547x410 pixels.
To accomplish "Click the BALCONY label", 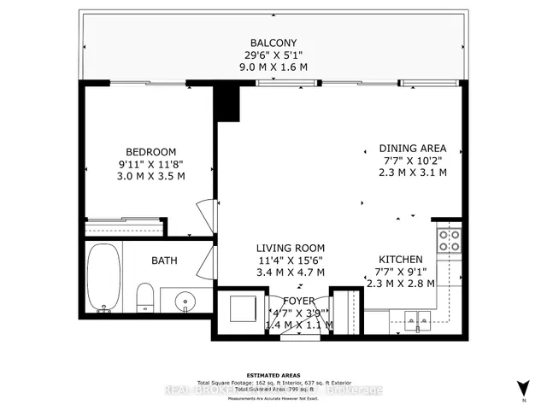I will (273, 44).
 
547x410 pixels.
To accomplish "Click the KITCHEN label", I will (401, 259).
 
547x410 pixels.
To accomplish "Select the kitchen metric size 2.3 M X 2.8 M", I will (401, 284).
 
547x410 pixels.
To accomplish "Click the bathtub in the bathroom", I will (104, 278).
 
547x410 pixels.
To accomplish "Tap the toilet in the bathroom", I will (144, 299).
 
